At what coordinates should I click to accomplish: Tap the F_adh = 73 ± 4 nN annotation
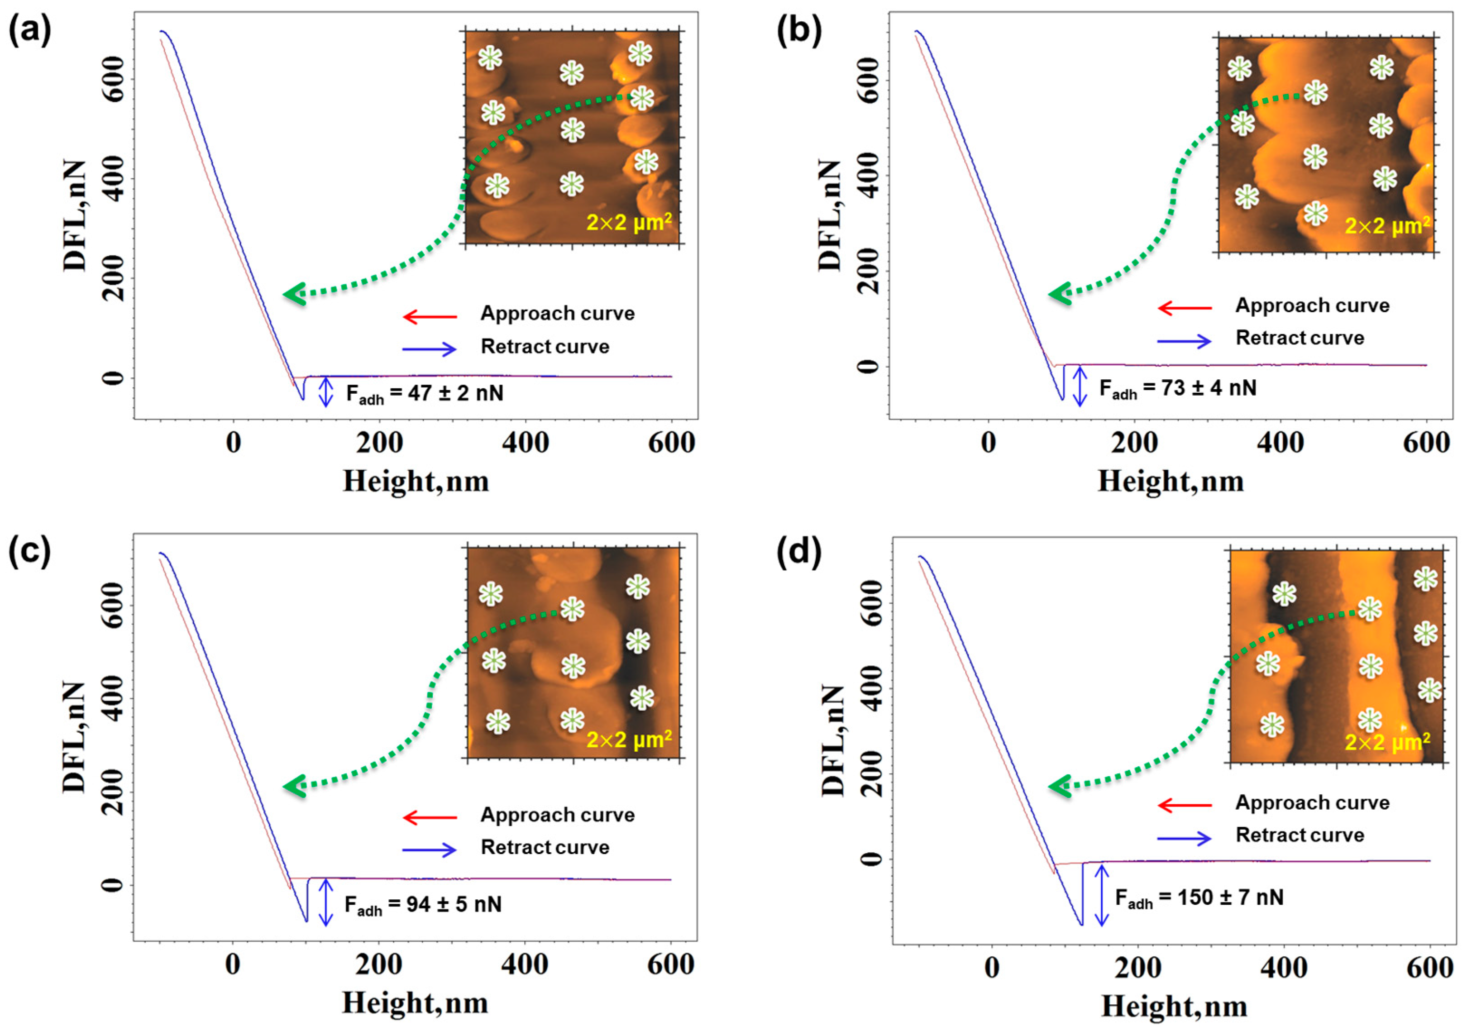pyautogui.click(x=1178, y=389)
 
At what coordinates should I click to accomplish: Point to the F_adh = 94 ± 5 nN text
pyautogui.click(x=423, y=905)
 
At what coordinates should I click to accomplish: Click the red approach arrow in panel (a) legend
pyautogui.click(x=430, y=316)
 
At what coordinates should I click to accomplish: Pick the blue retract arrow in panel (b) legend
pyautogui.click(x=1184, y=341)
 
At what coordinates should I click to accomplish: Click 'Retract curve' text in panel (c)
pyautogui.click(x=545, y=848)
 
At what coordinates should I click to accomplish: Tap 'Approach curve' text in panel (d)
pyautogui.click(x=1312, y=803)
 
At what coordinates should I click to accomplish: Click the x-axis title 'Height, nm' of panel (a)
pyautogui.click(x=416, y=481)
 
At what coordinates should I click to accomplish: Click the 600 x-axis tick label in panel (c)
pyautogui.click(x=670, y=964)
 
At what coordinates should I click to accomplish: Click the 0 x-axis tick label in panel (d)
pyautogui.click(x=992, y=969)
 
